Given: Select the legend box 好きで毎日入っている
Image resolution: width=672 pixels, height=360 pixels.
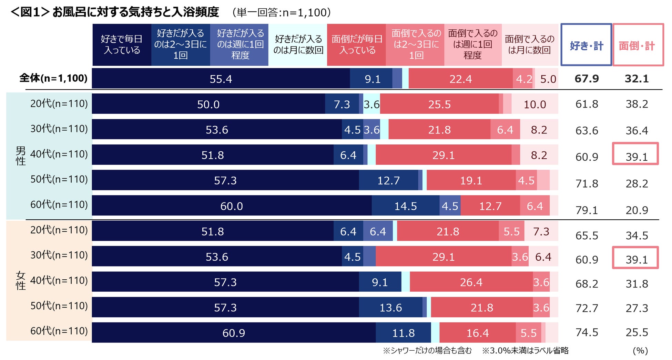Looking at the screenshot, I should pyautogui.click(x=122, y=45).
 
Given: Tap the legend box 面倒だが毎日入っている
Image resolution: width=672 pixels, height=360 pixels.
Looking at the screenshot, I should pyautogui.click(x=357, y=45).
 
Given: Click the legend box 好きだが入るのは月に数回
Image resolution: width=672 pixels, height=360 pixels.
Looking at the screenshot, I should pyautogui.click(x=298, y=45).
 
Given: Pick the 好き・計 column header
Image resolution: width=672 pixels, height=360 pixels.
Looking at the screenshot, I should pyautogui.click(x=586, y=45).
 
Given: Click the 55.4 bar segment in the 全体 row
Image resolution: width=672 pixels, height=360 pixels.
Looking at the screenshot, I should pyautogui.click(x=221, y=79).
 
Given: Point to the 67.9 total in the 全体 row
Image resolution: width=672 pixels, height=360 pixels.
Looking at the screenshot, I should pyautogui.click(x=587, y=79).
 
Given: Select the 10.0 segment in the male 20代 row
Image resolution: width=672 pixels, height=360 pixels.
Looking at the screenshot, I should pyautogui.click(x=534, y=104).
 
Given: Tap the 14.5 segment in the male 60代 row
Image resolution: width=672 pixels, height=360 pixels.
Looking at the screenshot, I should pyautogui.click(x=406, y=206).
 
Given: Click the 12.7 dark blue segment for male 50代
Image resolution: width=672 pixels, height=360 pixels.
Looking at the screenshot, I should pyautogui.click(x=388, y=180).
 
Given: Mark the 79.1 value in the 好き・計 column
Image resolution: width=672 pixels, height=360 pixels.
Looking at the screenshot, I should pyautogui.click(x=587, y=210).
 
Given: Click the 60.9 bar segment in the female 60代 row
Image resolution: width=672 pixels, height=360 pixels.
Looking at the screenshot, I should pyautogui.click(x=234, y=333).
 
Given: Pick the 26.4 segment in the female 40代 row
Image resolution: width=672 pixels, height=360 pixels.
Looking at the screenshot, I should pyautogui.click(x=471, y=282).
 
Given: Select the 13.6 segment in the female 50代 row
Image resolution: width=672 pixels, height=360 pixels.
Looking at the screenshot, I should pyautogui.click(x=390, y=307).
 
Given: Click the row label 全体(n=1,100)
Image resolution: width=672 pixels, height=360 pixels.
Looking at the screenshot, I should pyautogui.click(x=53, y=78).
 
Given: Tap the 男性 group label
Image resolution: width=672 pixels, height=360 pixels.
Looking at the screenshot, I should pyautogui.click(x=21, y=156).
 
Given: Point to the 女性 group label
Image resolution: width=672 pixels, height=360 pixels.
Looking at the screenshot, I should pyautogui.click(x=21, y=280).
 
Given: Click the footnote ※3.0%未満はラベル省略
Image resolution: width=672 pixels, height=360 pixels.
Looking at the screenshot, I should pyautogui.click(x=525, y=351).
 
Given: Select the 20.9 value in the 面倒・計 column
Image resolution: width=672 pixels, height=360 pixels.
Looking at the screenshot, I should pyautogui.click(x=637, y=210).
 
